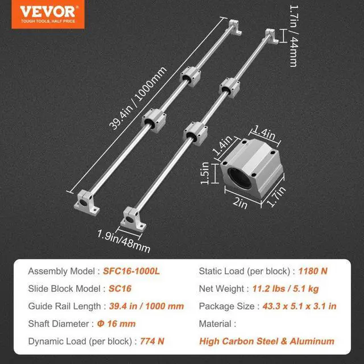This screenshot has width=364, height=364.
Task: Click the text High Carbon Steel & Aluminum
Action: [x=266, y=341]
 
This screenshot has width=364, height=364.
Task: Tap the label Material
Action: [x=217, y=324]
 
